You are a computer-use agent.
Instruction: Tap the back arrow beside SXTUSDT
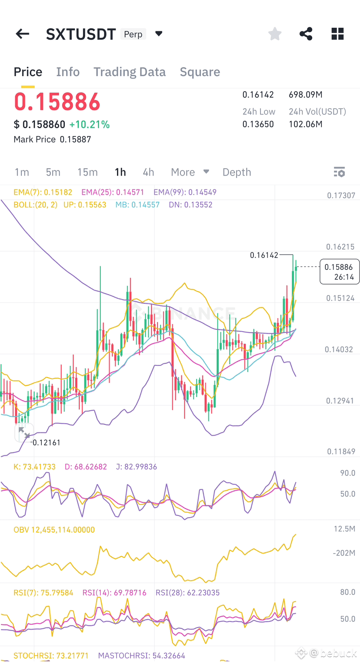point(22,34)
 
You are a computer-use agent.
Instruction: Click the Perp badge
point(133,34)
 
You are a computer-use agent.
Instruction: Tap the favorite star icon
point(275,33)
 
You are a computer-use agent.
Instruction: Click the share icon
point(306,33)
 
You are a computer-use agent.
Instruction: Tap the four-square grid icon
point(337,34)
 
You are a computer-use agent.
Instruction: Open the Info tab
point(68,72)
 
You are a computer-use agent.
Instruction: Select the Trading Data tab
point(130,72)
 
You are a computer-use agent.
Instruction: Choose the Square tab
point(200,72)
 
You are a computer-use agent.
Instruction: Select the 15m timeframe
point(87,172)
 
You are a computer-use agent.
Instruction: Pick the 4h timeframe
point(148,172)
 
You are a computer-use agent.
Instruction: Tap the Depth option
point(237,172)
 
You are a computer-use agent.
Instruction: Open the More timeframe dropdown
point(190,172)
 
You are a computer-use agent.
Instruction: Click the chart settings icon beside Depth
point(339,172)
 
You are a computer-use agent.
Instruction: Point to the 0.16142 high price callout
point(264,255)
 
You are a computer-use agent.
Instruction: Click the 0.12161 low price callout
point(46,442)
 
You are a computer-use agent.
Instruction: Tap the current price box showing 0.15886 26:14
point(339,272)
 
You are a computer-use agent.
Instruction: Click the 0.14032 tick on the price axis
point(339,349)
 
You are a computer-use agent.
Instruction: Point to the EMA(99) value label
point(185,192)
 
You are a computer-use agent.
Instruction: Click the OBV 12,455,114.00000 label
point(54,530)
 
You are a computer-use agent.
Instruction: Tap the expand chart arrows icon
point(24,432)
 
